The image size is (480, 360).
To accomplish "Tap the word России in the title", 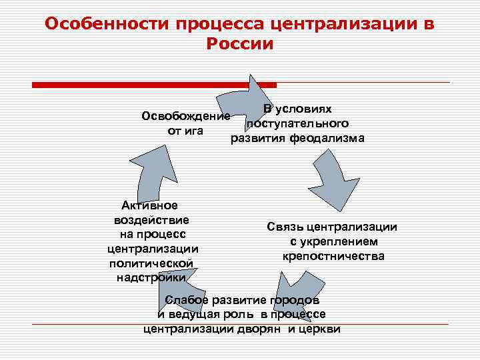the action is point(240,44).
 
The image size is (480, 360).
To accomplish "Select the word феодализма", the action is point(331,138).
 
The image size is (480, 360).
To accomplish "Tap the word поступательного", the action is point(297,123).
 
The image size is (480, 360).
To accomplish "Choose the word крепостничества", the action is point(333,256).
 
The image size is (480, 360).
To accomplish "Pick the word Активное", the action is point(150,205).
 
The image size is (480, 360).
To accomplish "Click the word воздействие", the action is point(151,219).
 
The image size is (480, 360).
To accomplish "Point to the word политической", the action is point(153,263).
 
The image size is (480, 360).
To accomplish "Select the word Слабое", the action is point(187,299).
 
